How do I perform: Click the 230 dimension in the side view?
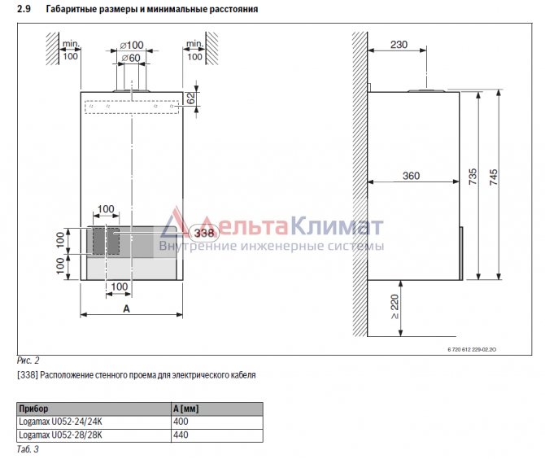pos(399,45)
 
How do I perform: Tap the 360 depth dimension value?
pos(411,176)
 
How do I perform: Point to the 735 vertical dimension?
pos(473,177)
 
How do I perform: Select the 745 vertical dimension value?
pos(493,177)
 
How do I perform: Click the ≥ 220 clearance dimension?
pos(395,307)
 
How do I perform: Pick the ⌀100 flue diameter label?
pos(132,46)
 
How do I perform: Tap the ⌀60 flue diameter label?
pos(131,58)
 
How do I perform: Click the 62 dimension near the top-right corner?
pos(191,98)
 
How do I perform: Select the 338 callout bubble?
pos(204,233)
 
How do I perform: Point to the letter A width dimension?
pos(127,308)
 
